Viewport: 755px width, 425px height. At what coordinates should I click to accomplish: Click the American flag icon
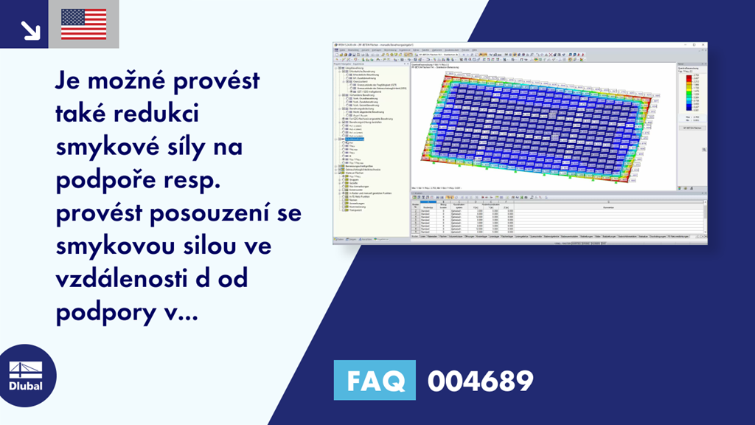click(83, 24)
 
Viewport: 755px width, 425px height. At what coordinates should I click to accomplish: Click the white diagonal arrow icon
click(29, 29)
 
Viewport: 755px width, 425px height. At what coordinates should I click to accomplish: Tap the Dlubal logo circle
click(26, 376)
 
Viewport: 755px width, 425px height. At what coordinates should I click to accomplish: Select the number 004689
click(480, 381)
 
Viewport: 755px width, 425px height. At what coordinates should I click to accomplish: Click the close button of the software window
click(704, 45)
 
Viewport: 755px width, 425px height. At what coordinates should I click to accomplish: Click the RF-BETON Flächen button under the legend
click(686, 128)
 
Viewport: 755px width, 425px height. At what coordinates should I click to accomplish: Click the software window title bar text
click(383, 45)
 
